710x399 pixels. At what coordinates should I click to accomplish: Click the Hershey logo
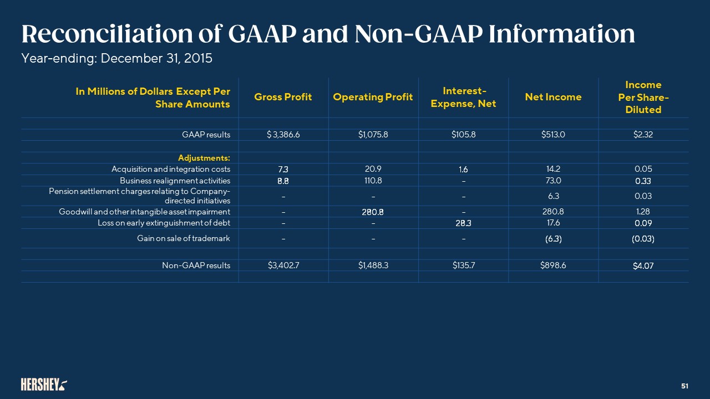44,384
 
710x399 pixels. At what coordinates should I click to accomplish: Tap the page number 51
684,385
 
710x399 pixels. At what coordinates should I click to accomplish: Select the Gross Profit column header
283,97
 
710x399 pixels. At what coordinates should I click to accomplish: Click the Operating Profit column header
373,97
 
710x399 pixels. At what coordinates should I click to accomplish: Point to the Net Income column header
553,97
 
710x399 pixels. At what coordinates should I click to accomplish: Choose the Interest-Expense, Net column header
463,97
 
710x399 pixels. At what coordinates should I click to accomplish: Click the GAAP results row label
206,135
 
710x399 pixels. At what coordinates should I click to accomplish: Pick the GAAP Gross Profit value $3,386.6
283,135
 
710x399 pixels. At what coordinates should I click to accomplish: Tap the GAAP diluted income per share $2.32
643,135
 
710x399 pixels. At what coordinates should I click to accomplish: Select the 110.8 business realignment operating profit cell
373,181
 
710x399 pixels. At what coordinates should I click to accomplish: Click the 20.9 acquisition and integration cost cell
373,169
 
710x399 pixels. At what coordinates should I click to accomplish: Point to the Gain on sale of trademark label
184,238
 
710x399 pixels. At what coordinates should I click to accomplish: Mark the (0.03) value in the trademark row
643,238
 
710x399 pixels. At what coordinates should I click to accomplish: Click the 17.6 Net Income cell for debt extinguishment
553,223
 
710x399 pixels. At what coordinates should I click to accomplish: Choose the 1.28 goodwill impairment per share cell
643,212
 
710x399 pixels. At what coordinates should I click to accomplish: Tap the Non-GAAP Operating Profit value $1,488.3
373,265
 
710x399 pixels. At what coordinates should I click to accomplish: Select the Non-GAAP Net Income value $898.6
553,265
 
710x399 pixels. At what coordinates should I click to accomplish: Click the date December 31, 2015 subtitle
155,58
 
